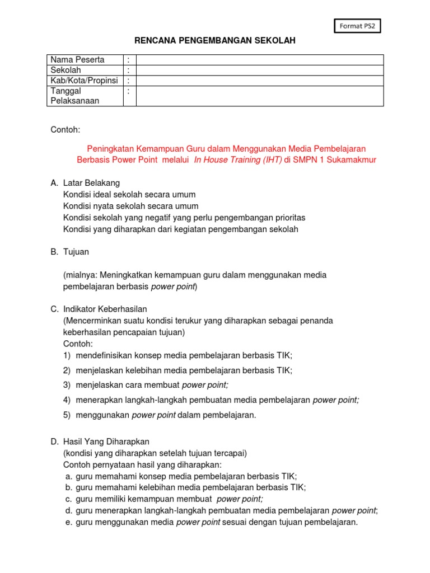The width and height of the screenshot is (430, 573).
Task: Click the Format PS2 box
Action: point(357,26)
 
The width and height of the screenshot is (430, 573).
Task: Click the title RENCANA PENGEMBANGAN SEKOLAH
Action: point(214,41)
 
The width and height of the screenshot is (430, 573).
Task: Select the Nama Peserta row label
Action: point(77,59)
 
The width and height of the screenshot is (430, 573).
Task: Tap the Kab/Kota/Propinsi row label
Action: point(84,81)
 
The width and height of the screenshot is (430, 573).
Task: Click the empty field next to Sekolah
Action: point(259,70)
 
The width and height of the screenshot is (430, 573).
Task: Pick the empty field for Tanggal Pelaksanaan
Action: point(259,96)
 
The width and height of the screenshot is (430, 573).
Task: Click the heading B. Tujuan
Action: point(69,252)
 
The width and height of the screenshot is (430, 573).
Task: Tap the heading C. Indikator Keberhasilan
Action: point(99,309)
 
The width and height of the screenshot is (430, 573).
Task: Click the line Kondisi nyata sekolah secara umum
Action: point(129,206)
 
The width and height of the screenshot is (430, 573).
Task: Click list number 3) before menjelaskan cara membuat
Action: point(67,385)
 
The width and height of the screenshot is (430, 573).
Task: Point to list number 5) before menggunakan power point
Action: point(67,415)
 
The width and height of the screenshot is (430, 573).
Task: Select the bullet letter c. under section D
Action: point(68,499)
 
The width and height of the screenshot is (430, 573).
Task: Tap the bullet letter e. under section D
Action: point(68,522)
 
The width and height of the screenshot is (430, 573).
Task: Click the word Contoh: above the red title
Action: point(66,130)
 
